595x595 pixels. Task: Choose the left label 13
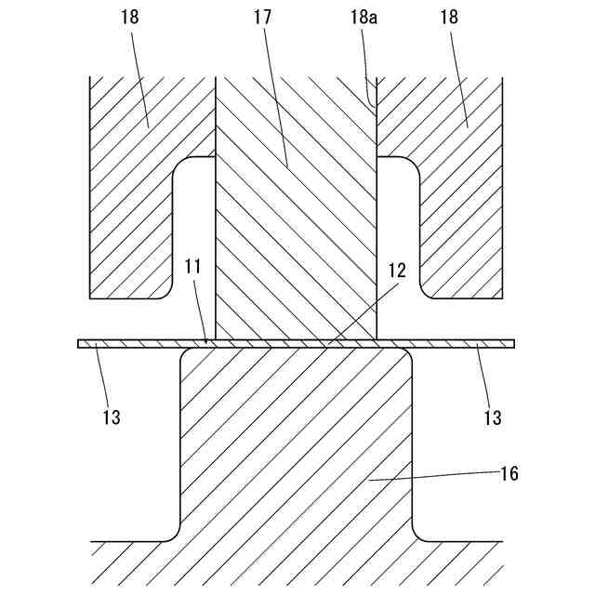(x=111, y=417)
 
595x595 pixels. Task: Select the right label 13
(x=494, y=417)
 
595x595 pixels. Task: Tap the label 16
(x=509, y=473)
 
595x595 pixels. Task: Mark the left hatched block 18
(x=130, y=205)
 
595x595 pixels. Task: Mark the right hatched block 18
(x=460, y=205)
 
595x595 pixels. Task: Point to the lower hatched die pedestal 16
(x=296, y=446)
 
